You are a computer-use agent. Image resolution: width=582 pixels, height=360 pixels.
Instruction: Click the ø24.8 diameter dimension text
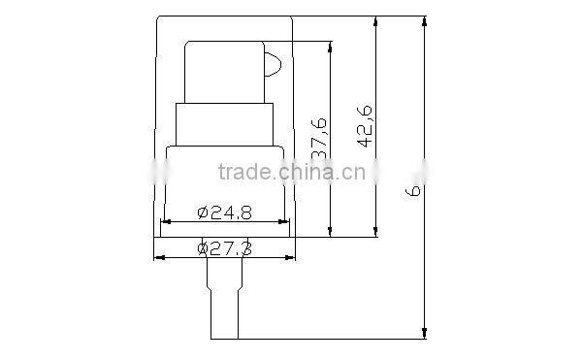[x=224, y=211]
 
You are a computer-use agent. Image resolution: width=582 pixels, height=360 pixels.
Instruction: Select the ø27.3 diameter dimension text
[x=225, y=248]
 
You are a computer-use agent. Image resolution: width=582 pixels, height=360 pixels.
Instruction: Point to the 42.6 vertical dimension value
[x=365, y=123]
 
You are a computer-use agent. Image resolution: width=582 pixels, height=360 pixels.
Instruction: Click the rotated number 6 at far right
[x=414, y=191]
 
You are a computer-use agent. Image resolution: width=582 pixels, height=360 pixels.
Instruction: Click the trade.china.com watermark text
[x=291, y=174]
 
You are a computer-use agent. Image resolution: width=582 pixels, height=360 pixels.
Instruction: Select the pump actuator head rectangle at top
[x=224, y=72]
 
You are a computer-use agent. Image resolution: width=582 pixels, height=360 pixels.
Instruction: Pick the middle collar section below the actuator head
[x=224, y=124]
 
